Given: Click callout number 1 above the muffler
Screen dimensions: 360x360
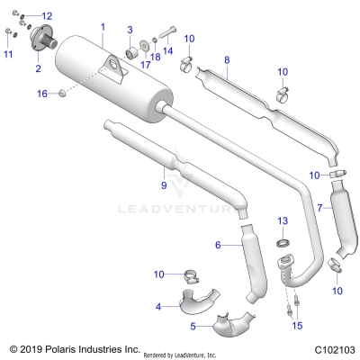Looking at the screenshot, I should (103, 28).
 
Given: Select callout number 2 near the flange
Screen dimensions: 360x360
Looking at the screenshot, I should (38, 68).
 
